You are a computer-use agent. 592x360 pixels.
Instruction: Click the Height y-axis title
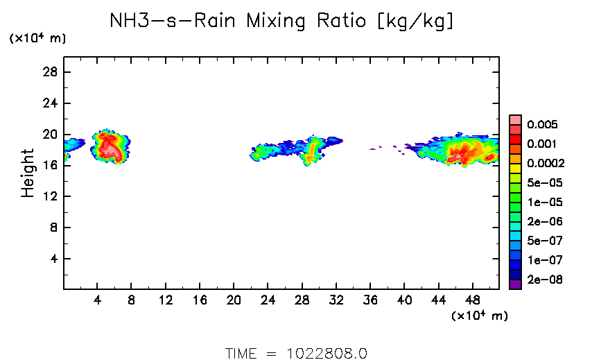(28, 173)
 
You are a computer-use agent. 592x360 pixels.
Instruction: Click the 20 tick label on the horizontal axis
(234, 301)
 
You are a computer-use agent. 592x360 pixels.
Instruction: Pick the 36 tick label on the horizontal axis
(370, 301)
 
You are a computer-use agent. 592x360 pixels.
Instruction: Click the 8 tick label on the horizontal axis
(131, 301)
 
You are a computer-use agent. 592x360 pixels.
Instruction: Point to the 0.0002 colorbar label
(545, 164)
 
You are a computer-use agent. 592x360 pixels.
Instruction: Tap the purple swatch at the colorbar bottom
(515, 284)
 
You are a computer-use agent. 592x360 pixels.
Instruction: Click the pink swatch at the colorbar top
(515, 119)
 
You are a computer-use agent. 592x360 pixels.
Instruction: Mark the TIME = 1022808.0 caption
(296, 353)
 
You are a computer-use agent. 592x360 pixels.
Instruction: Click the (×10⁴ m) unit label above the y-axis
(37, 39)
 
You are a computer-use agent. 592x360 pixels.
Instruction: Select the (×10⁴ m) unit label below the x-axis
(480, 316)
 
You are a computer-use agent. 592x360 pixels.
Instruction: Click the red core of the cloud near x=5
(108, 147)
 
